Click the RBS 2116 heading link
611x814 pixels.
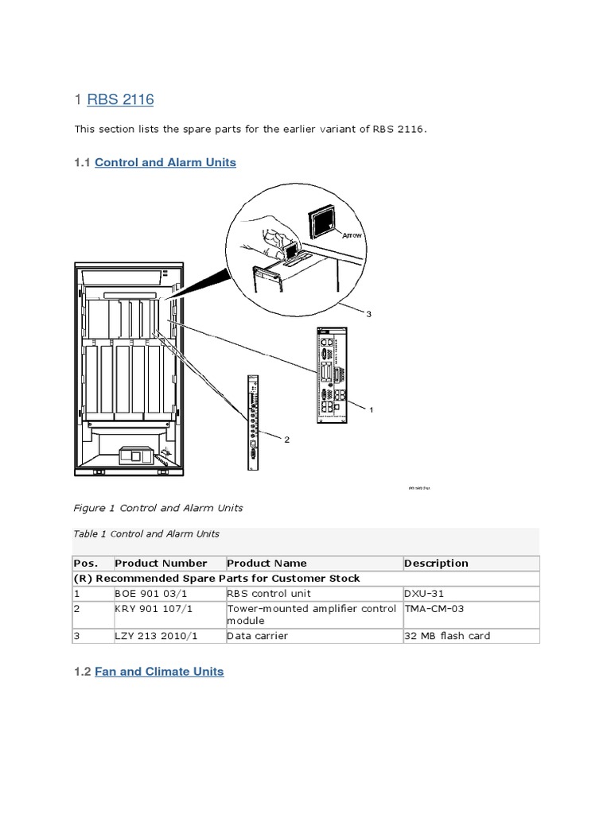point(119,99)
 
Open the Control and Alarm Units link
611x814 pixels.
point(165,162)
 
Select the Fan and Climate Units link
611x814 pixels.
point(159,672)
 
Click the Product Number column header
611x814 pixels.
point(161,563)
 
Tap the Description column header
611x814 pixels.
point(436,563)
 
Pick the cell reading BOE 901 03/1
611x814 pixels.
point(146,593)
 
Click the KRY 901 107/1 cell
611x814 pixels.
point(150,608)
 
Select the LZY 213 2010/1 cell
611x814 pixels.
point(153,636)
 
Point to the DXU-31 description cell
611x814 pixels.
point(424,593)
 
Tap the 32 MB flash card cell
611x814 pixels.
point(447,636)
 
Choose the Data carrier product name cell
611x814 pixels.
point(258,636)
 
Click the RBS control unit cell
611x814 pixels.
point(269,593)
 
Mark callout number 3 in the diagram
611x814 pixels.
point(368,314)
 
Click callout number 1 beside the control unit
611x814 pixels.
point(371,409)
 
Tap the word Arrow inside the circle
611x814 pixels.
point(351,235)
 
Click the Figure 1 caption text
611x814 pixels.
point(158,507)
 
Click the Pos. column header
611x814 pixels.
point(86,563)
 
